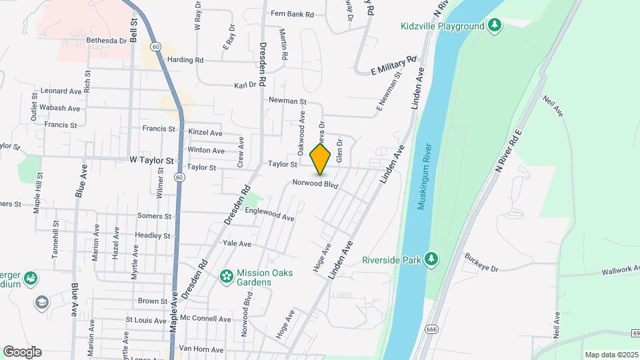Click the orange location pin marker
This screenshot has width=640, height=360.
pyautogui.click(x=321, y=159)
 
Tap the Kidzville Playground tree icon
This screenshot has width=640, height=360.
pyautogui.click(x=494, y=26)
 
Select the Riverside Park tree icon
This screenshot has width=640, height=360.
pyautogui.click(x=431, y=259)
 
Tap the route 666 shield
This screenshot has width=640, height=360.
pyautogui.click(x=431, y=330)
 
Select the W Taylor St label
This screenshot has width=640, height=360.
pyautogui.click(x=151, y=161)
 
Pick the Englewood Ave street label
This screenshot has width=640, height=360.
pyautogui.click(x=270, y=214)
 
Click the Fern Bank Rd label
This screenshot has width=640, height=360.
pyautogui.click(x=292, y=13)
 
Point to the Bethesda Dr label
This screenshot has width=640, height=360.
pyautogui.click(x=106, y=41)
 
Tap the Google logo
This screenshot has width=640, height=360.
pyautogui.click(x=22, y=352)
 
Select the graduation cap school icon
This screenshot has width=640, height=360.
pyautogui.click(x=42, y=303)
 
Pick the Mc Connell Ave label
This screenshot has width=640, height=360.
pyautogui.click(x=205, y=319)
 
